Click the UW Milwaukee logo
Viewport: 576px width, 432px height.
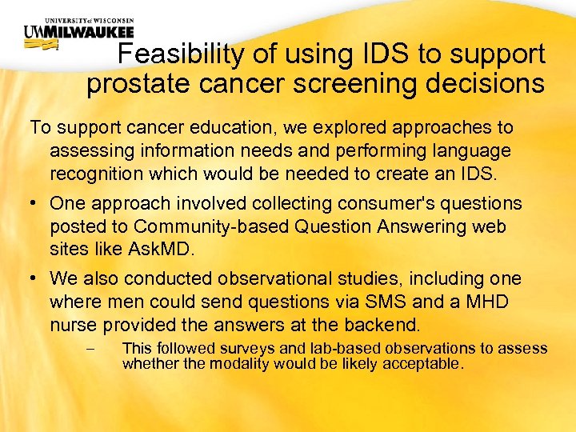coord(78,32)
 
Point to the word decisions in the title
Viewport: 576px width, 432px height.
coord(488,83)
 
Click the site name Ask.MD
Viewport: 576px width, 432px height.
coord(160,249)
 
